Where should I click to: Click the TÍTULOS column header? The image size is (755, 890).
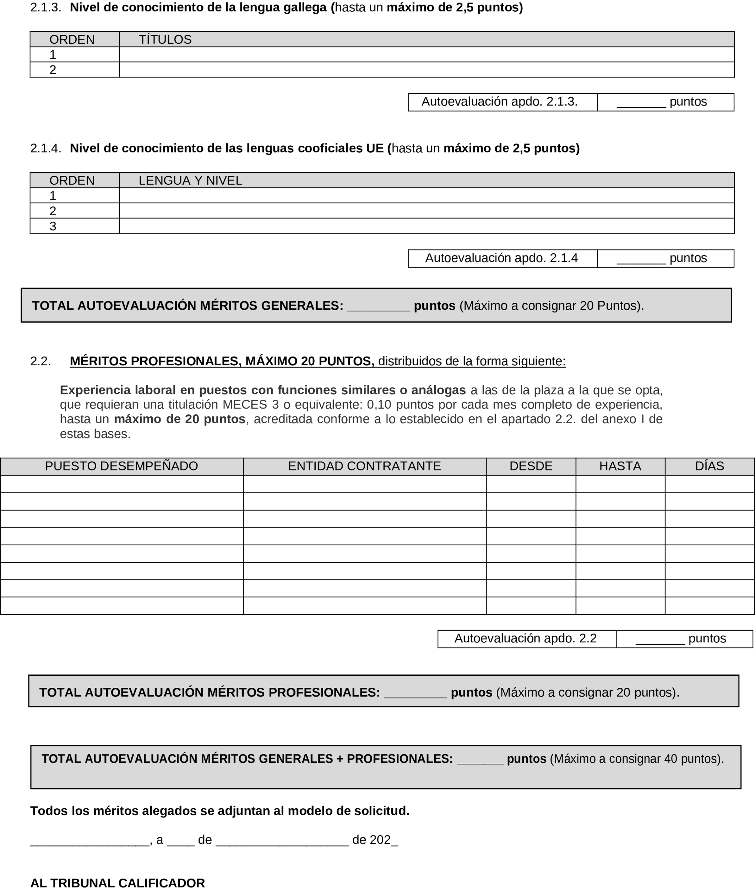[x=165, y=39]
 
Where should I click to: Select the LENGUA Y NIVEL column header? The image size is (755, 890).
[x=190, y=180]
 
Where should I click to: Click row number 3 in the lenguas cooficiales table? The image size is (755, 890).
[x=53, y=226]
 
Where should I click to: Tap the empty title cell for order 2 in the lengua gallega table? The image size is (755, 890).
[x=426, y=70]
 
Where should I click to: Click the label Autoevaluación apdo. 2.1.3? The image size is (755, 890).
[x=499, y=102]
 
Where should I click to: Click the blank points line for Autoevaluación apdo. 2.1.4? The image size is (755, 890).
[x=641, y=258]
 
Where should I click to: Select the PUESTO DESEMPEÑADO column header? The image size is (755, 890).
[x=121, y=466]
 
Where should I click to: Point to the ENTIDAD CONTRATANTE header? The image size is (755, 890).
[x=364, y=466]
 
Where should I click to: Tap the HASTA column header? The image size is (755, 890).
[x=620, y=466]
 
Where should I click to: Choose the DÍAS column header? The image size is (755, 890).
[x=709, y=466]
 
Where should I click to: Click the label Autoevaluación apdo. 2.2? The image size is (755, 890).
[x=525, y=639]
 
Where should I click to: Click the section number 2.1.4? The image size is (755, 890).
[x=45, y=149]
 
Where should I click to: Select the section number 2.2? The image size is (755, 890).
[x=40, y=361]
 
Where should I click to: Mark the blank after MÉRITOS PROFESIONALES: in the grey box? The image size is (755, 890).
[x=415, y=693]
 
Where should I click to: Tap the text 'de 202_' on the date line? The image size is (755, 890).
[x=375, y=840]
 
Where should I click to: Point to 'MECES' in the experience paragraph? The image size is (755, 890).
[x=246, y=405]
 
